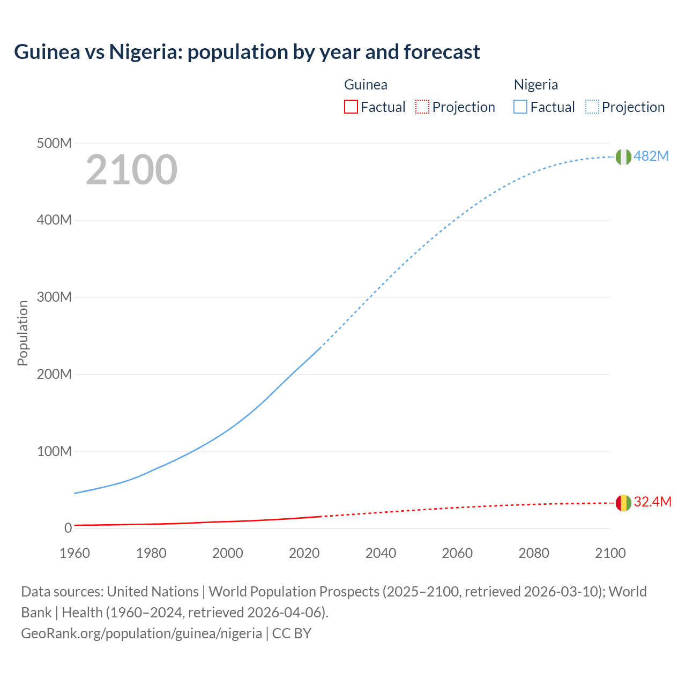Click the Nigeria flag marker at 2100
pyautogui.click(x=623, y=157)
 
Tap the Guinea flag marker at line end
pyautogui.click(x=623, y=503)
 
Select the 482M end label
pyautogui.click(x=651, y=156)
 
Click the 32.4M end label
pyautogui.click(x=652, y=502)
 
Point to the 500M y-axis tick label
pyautogui.click(x=54, y=143)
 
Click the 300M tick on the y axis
pyautogui.click(x=54, y=297)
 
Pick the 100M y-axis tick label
pyautogui.click(x=54, y=451)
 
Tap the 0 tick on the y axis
pyautogui.click(x=68, y=528)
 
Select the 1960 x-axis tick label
pyautogui.click(x=74, y=553)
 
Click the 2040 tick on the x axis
pyautogui.click(x=381, y=553)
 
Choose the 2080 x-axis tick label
pyautogui.click(x=534, y=553)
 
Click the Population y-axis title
pyautogui.click(x=23, y=333)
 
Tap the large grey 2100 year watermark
pyautogui.click(x=131, y=170)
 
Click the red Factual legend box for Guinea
pyautogui.click(x=351, y=107)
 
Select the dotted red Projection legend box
pyautogui.click(x=422, y=107)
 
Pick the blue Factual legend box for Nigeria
pyautogui.click(x=520, y=107)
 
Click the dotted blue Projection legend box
pyautogui.click(x=592, y=107)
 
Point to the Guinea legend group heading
pyautogui.click(x=366, y=85)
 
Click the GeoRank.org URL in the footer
pyautogui.click(x=141, y=633)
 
